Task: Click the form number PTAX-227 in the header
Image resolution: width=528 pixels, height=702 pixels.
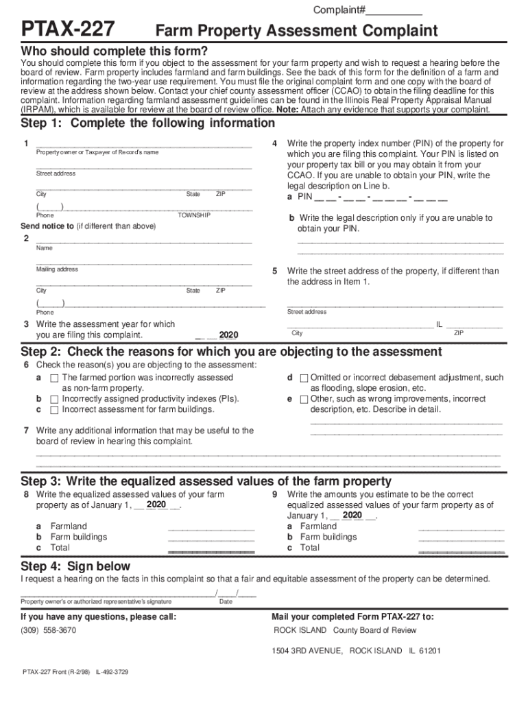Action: pos(68,29)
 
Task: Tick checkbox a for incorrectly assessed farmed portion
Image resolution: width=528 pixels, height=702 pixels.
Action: pos(53,378)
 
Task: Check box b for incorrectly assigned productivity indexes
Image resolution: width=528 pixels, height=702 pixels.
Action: pos(53,398)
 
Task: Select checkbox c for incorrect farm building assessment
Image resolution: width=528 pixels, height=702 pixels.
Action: pos(53,409)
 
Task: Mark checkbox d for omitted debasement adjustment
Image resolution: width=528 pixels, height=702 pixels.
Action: pos(304,378)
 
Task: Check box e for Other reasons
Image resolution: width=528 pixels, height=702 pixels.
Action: pos(304,398)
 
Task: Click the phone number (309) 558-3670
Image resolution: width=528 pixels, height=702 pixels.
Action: pos(49,630)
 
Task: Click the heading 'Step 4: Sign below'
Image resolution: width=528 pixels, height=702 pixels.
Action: pos(75,566)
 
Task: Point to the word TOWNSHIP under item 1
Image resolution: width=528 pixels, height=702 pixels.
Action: pos(194,215)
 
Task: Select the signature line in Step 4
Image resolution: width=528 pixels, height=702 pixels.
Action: pos(117,594)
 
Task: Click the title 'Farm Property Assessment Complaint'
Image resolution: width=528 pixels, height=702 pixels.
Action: pos(296,31)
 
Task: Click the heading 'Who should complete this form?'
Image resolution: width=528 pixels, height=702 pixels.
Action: pos(114,51)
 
